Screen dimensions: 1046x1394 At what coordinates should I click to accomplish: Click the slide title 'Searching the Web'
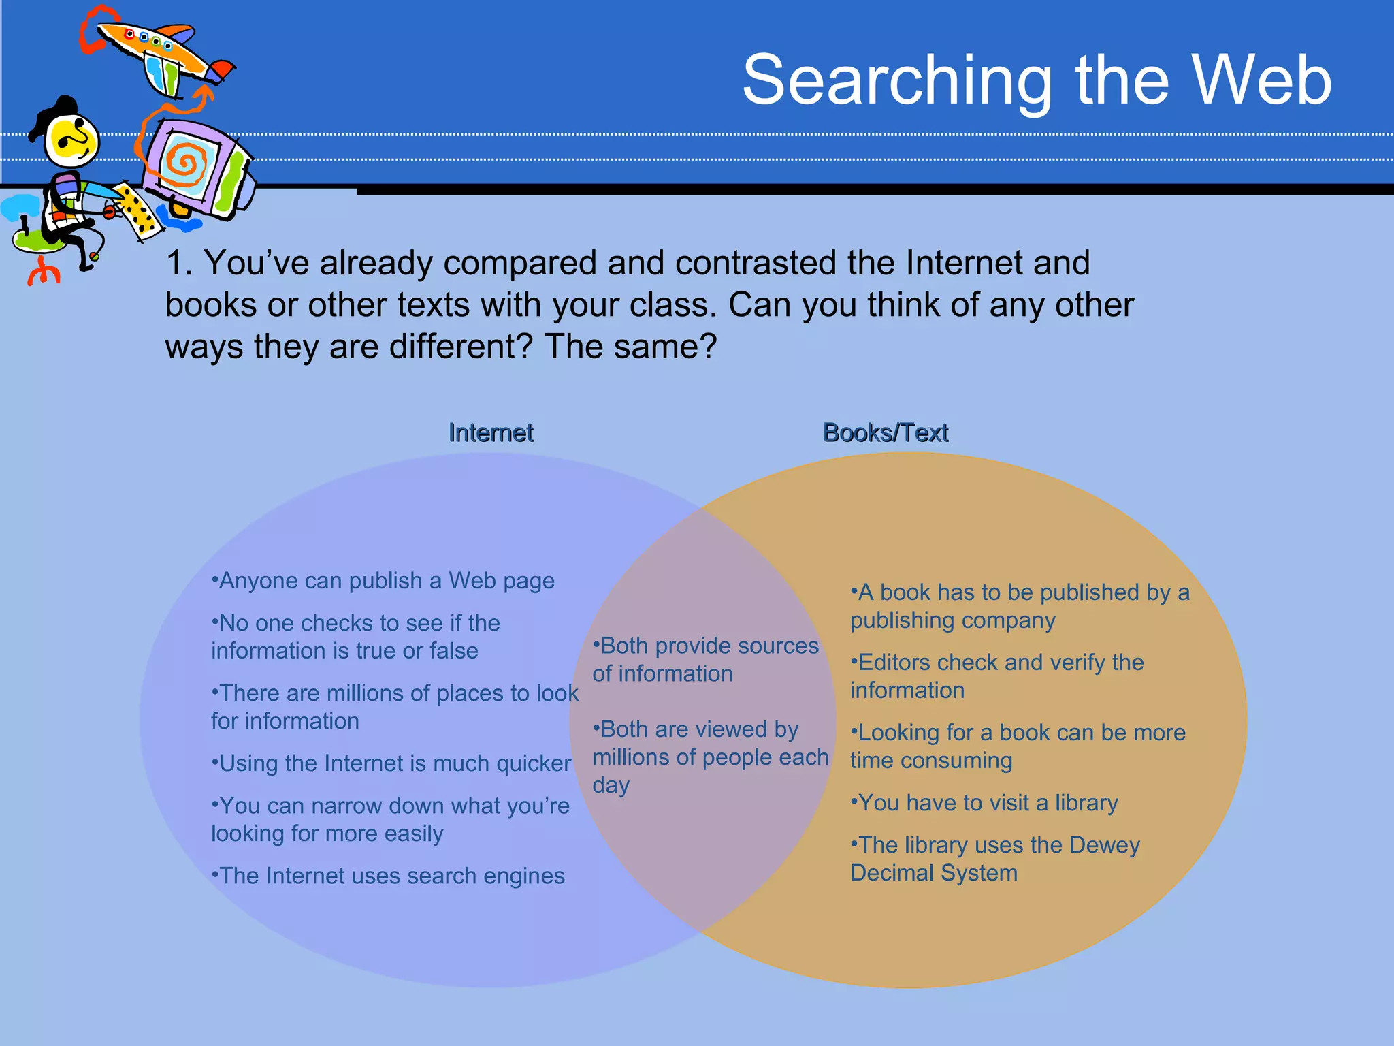point(1036,80)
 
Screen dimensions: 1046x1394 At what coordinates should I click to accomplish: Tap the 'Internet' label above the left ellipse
point(491,432)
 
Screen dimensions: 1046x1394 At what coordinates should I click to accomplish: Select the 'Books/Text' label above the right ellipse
point(885,432)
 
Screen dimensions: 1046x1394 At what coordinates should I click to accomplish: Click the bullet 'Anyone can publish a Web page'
point(383,581)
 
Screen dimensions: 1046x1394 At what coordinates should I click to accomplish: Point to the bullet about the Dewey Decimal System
point(994,859)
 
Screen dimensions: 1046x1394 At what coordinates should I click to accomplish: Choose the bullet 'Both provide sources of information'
point(705,659)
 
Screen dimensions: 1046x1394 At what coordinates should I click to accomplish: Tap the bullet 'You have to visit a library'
point(984,803)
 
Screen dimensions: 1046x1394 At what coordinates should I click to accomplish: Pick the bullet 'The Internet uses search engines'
point(389,876)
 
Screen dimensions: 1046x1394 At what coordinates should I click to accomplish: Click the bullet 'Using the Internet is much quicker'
point(391,763)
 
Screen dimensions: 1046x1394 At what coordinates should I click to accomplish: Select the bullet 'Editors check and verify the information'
point(996,676)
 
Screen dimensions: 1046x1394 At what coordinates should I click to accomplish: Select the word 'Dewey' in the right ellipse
point(1104,845)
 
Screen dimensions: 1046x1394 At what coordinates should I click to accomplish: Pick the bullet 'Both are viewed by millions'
point(710,757)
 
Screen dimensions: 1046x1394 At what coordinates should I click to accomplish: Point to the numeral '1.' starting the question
point(178,264)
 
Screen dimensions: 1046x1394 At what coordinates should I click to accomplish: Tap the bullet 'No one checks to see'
point(355,637)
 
